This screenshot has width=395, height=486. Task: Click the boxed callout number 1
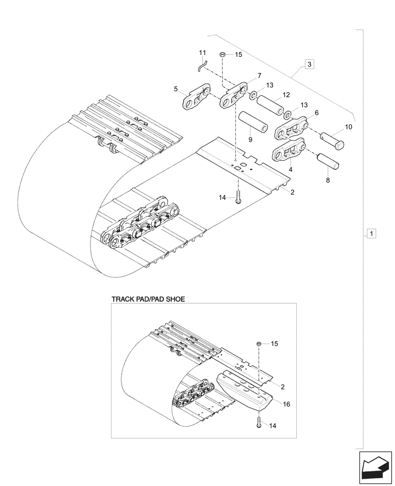point(371,234)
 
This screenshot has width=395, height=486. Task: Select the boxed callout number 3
point(309,64)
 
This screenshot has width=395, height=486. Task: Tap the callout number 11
point(202,52)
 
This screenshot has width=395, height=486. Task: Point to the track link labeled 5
point(197,98)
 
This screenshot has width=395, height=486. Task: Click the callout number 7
point(259,75)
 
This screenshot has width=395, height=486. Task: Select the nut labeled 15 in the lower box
point(259,344)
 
